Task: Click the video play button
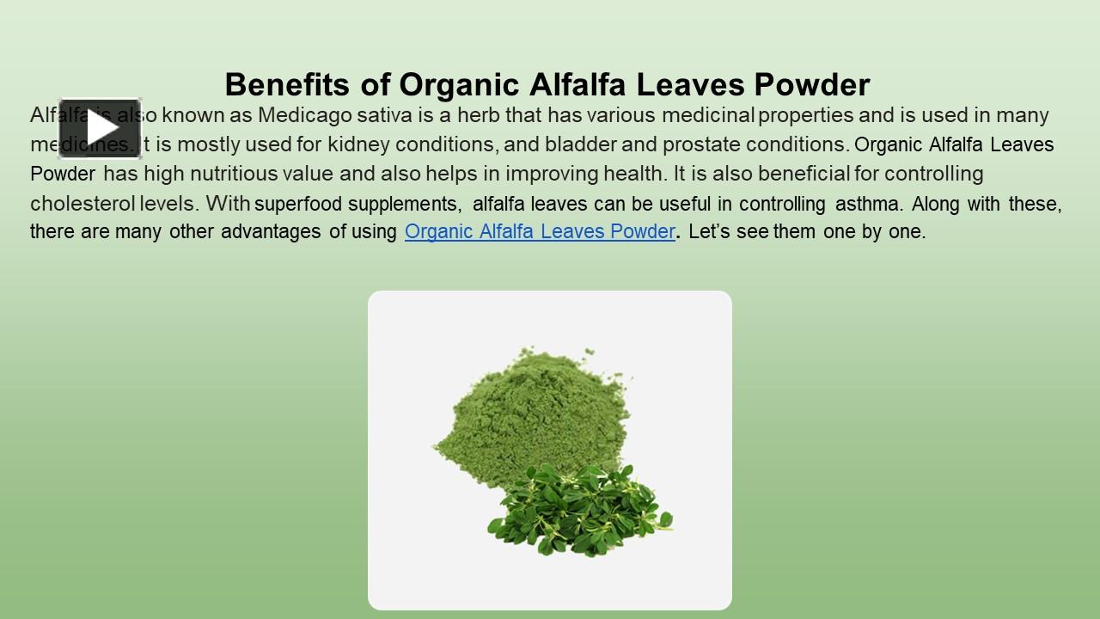tap(100, 128)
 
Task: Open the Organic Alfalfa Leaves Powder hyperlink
tap(540, 231)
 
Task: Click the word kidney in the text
tap(355, 144)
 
